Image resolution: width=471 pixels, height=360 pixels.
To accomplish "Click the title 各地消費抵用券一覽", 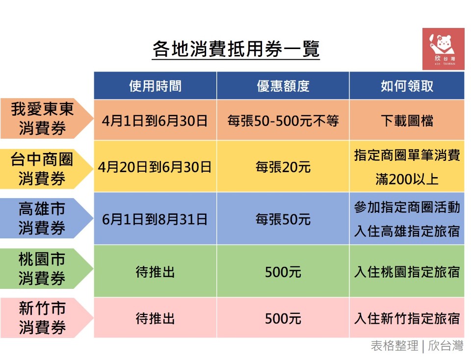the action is [236, 49].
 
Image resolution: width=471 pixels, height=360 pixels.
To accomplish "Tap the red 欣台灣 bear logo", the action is [444, 49].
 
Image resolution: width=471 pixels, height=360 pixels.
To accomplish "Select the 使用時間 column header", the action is [156, 86].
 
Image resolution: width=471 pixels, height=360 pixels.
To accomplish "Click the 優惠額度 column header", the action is [283, 86].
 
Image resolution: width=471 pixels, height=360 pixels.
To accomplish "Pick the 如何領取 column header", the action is [407, 86].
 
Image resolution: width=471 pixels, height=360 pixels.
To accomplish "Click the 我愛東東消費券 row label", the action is [42, 118].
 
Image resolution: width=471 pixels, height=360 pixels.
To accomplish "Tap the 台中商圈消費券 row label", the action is [42, 169].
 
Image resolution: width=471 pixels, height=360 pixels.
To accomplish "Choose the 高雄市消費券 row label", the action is [42, 218].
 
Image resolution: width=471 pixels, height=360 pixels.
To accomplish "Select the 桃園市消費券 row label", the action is [42, 268].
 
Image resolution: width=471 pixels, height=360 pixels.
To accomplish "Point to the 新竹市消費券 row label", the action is [42, 318].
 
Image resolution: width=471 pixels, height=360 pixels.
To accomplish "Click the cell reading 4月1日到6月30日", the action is [155, 121].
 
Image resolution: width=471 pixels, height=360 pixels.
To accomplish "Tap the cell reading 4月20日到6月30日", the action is [155, 167].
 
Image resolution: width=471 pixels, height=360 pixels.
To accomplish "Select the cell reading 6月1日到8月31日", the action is [155, 220].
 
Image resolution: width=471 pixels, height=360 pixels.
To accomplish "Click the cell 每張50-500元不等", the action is [283, 121].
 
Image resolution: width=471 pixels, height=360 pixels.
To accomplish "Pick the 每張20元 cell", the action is [283, 167].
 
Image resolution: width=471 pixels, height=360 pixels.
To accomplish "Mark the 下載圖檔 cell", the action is [407, 121].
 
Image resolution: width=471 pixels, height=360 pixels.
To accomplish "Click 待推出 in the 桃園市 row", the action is [156, 272].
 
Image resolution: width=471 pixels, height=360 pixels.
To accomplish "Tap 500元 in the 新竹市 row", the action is [283, 319].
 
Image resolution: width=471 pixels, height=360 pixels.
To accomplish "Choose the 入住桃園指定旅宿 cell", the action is [407, 272].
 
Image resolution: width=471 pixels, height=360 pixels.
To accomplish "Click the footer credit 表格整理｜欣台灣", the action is [417, 346].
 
